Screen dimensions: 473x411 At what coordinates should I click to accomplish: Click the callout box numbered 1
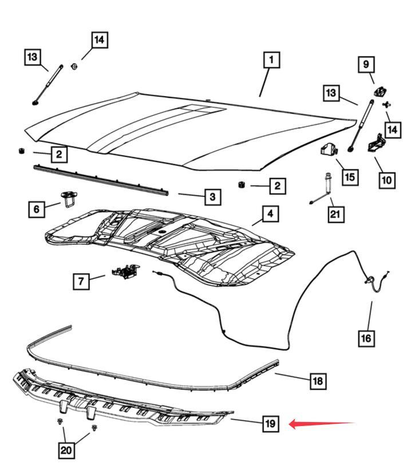[x=271, y=60]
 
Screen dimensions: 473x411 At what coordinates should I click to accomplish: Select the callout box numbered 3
[x=212, y=197]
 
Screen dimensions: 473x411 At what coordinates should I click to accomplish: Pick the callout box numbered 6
[x=36, y=208]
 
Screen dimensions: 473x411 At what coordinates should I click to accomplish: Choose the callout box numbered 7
[x=81, y=281]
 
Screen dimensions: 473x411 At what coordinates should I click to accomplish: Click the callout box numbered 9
[x=366, y=64]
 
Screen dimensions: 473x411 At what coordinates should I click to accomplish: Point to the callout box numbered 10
[x=386, y=180]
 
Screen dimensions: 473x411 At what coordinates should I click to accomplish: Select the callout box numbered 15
[x=350, y=177]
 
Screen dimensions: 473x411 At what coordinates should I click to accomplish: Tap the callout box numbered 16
[x=366, y=338]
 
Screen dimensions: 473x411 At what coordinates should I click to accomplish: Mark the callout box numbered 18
[x=318, y=381]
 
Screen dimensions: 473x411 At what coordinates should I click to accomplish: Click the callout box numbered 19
[x=270, y=424]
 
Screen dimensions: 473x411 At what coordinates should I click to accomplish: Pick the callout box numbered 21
[x=335, y=214]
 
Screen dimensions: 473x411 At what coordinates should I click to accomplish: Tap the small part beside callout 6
[x=69, y=199]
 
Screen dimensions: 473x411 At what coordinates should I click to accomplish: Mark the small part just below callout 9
[x=380, y=90]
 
